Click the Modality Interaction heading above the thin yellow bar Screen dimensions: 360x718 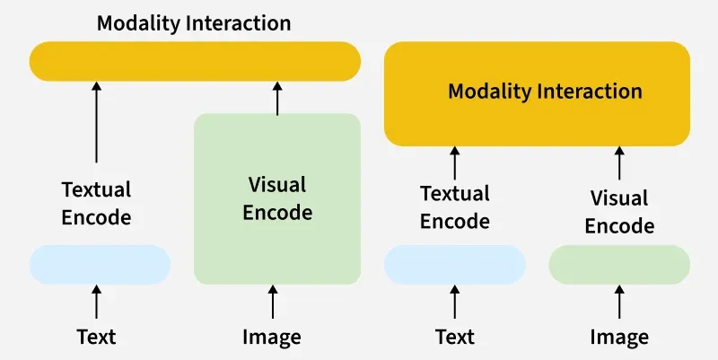click(194, 22)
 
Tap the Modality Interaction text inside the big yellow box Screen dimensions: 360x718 click(545, 92)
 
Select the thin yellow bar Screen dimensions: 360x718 click(195, 61)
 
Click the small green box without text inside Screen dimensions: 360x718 click(619, 265)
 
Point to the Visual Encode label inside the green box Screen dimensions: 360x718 click(277, 198)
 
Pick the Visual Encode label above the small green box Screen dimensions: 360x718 click(619, 212)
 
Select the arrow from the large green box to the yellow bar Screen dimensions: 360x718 click(277, 98)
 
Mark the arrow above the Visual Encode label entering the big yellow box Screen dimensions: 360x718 click(619, 162)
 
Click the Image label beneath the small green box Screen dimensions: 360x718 click(619, 338)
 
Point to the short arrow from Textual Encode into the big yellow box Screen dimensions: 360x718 click(455, 162)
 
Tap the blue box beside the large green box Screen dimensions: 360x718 click(100, 265)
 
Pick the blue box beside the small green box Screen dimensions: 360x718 click(455, 265)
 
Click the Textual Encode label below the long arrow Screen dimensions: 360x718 click(96, 204)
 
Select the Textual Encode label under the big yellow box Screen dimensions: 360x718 click(455, 207)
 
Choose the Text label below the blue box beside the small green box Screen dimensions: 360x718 click(455, 338)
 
